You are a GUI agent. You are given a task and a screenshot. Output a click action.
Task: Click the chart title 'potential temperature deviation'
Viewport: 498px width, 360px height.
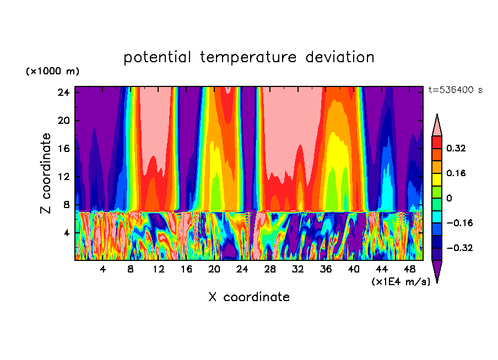(x=249, y=57)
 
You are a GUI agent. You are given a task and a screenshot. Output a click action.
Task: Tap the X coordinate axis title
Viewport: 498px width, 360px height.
(x=249, y=297)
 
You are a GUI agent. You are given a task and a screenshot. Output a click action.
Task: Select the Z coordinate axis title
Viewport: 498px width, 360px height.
(x=46, y=173)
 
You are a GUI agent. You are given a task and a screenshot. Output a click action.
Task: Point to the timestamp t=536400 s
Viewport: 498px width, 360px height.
(x=455, y=90)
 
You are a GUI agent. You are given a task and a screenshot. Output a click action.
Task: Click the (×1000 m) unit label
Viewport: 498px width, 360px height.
(x=52, y=72)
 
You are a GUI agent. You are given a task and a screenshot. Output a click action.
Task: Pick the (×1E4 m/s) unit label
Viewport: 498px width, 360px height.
(x=400, y=282)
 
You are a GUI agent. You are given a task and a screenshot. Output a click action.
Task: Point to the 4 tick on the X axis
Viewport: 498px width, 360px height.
(x=103, y=270)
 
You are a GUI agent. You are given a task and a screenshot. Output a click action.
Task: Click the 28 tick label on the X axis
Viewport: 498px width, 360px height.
(x=270, y=270)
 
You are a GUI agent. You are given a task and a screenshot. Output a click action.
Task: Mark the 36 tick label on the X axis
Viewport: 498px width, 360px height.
(x=326, y=270)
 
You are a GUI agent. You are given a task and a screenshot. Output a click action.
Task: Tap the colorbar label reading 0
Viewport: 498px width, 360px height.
(x=449, y=198)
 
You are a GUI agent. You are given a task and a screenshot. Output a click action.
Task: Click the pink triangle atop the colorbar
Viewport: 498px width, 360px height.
(x=437, y=126)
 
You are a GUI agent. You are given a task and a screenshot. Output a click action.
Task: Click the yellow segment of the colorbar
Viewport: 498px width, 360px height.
(x=437, y=179)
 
